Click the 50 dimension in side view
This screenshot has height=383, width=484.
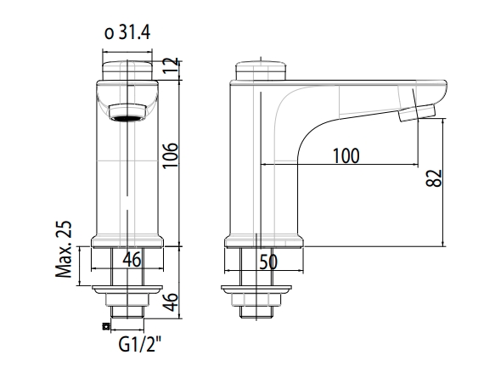[268, 262]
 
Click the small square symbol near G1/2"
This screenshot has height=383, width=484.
[104, 325]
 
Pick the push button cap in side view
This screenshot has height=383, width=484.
[258, 69]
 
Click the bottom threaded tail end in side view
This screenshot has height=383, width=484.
[258, 312]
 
